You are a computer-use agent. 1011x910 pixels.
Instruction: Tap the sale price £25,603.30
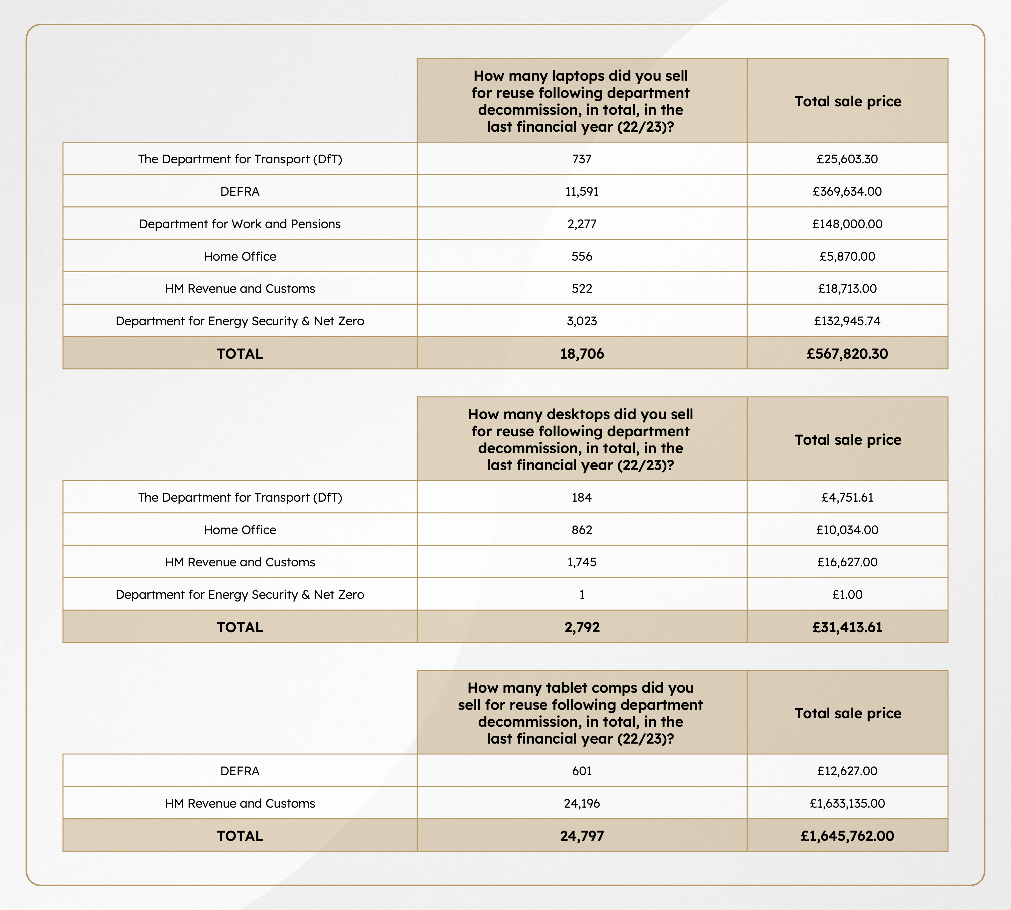click(x=847, y=159)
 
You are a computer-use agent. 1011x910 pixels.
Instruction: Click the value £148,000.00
click(x=847, y=224)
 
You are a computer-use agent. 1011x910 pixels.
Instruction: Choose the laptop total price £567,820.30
click(x=847, y=354)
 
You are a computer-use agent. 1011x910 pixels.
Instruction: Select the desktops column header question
click(x=581, y=439)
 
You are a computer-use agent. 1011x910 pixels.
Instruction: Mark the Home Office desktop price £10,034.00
click(x=847, y=530)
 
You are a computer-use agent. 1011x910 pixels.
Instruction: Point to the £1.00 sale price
click(x=847, y=595)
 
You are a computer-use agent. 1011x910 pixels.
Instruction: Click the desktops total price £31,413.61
click(x=847, y=627)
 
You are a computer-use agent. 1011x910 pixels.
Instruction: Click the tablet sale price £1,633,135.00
click(x=847, y=804)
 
